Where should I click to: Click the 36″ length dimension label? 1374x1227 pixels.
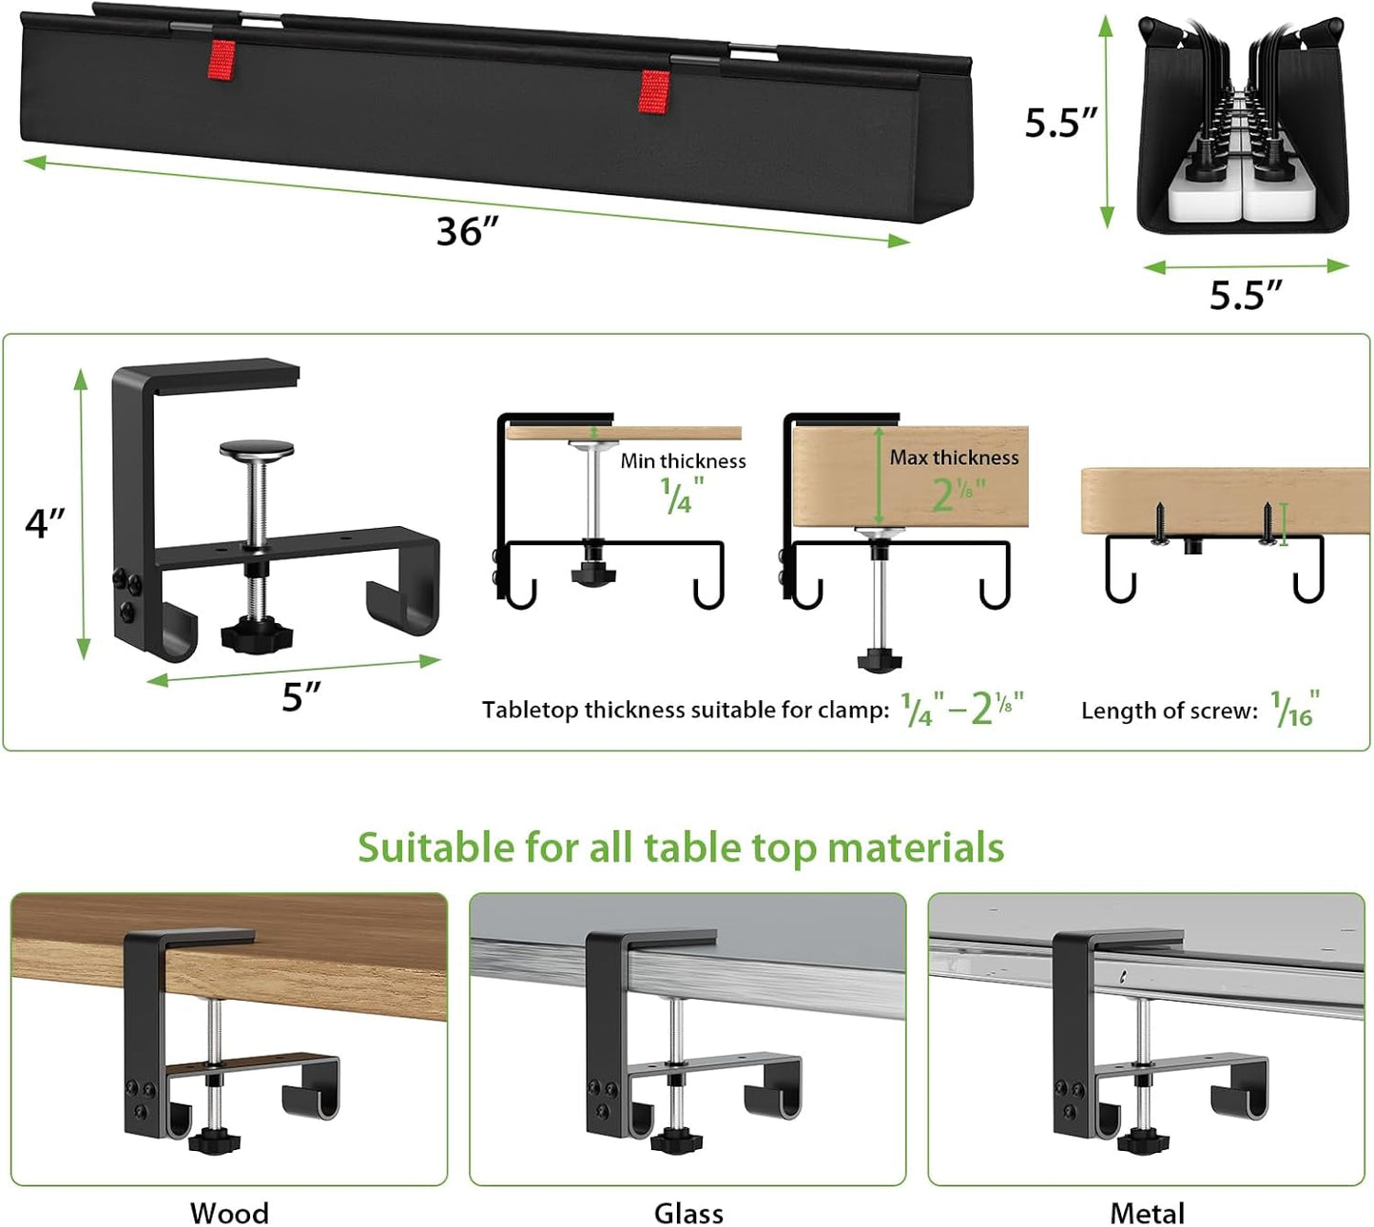point(467,231)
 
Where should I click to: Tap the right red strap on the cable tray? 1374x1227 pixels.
point(653,91)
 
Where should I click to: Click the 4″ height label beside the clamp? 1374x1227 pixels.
point(45,523)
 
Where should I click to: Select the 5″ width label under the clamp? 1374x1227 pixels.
point(301,697)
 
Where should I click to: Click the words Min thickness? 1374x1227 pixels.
point(683,461)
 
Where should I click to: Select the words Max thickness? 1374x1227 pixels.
point(954,458)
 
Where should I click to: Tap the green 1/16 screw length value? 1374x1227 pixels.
point(1295,710)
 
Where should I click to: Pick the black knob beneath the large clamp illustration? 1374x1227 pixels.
point(251,634)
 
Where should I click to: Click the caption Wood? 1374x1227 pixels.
point(229,1213)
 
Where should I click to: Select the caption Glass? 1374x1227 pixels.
point(688,1213)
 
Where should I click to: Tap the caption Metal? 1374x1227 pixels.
point(1147,1213)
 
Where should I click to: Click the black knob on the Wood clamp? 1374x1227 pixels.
point(214,1139)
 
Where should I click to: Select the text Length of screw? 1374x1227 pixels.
point(1169,711)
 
